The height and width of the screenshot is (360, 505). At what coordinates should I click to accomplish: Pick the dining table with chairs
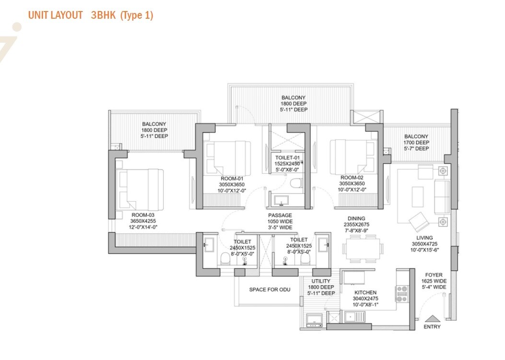click(x=363, y=248)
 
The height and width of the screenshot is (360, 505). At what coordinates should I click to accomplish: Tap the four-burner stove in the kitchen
click(x=401, y=292)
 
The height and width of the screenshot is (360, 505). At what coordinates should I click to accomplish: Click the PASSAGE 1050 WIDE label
click(x=280, y=221)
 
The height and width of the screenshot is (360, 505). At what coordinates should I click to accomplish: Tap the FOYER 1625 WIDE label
click(x=434, y=281)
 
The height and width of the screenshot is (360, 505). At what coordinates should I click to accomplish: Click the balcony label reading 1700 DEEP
click(x=416, y=143)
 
